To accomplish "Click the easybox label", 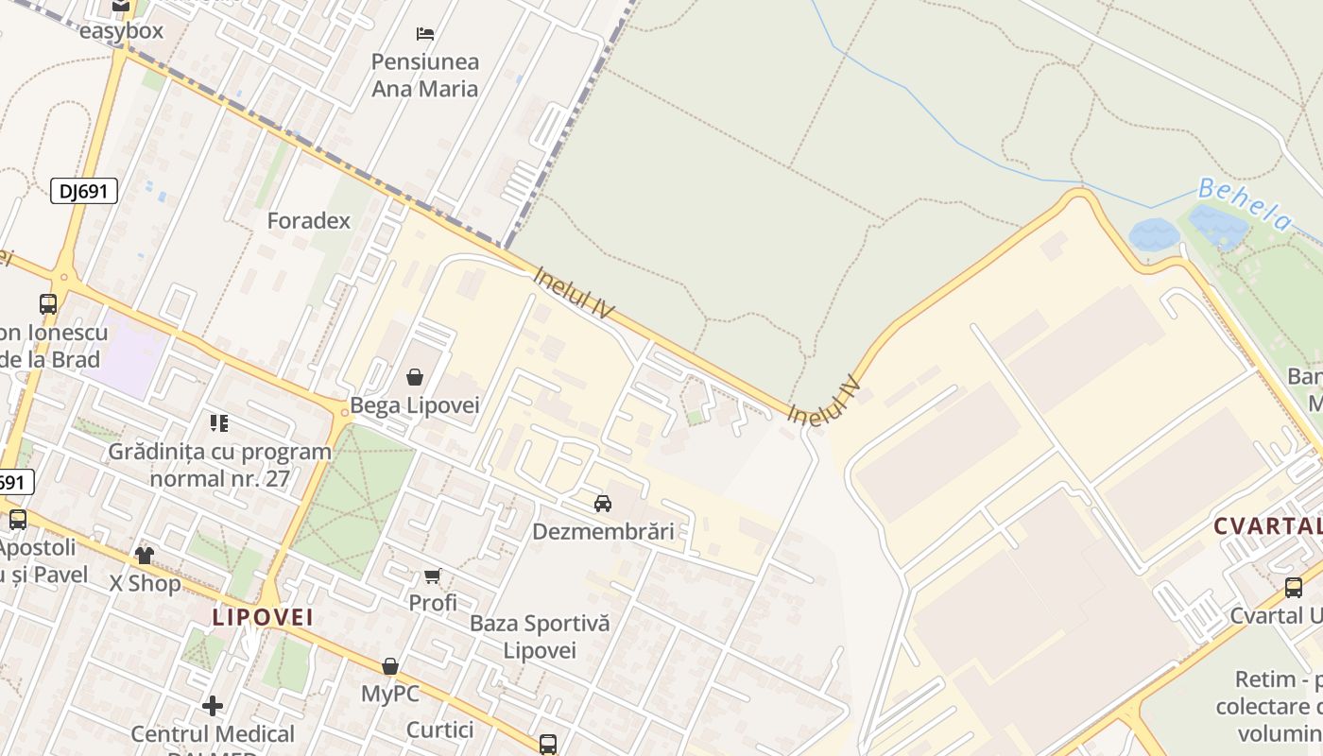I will tap(121, 31).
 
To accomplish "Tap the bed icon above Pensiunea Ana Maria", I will tap(425, 34).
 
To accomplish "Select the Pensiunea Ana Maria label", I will tap(425, 76).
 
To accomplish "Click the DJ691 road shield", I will tap(84, 191).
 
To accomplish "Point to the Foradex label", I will tap(309, 221).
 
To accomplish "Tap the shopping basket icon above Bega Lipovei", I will tap(414, 378).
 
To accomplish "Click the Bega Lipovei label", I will tap(415, 405).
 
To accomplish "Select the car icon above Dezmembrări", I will tap(603, 504).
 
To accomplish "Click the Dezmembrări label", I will tap(603, 531).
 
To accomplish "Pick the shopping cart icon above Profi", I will tap(433, 576).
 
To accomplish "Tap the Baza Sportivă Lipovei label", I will tap(540, 637).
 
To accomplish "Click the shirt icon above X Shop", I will tap(145, 555).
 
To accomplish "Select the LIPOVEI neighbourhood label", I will tap(263, 618).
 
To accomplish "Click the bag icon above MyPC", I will tap(389, 667).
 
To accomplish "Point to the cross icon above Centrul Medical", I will tap(213, 706).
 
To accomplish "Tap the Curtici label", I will tap(440, 730).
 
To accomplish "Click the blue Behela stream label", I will tap(1245, 203).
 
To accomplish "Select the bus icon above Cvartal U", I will tap(1294, 588).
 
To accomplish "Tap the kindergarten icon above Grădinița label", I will tap(219, 423).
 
